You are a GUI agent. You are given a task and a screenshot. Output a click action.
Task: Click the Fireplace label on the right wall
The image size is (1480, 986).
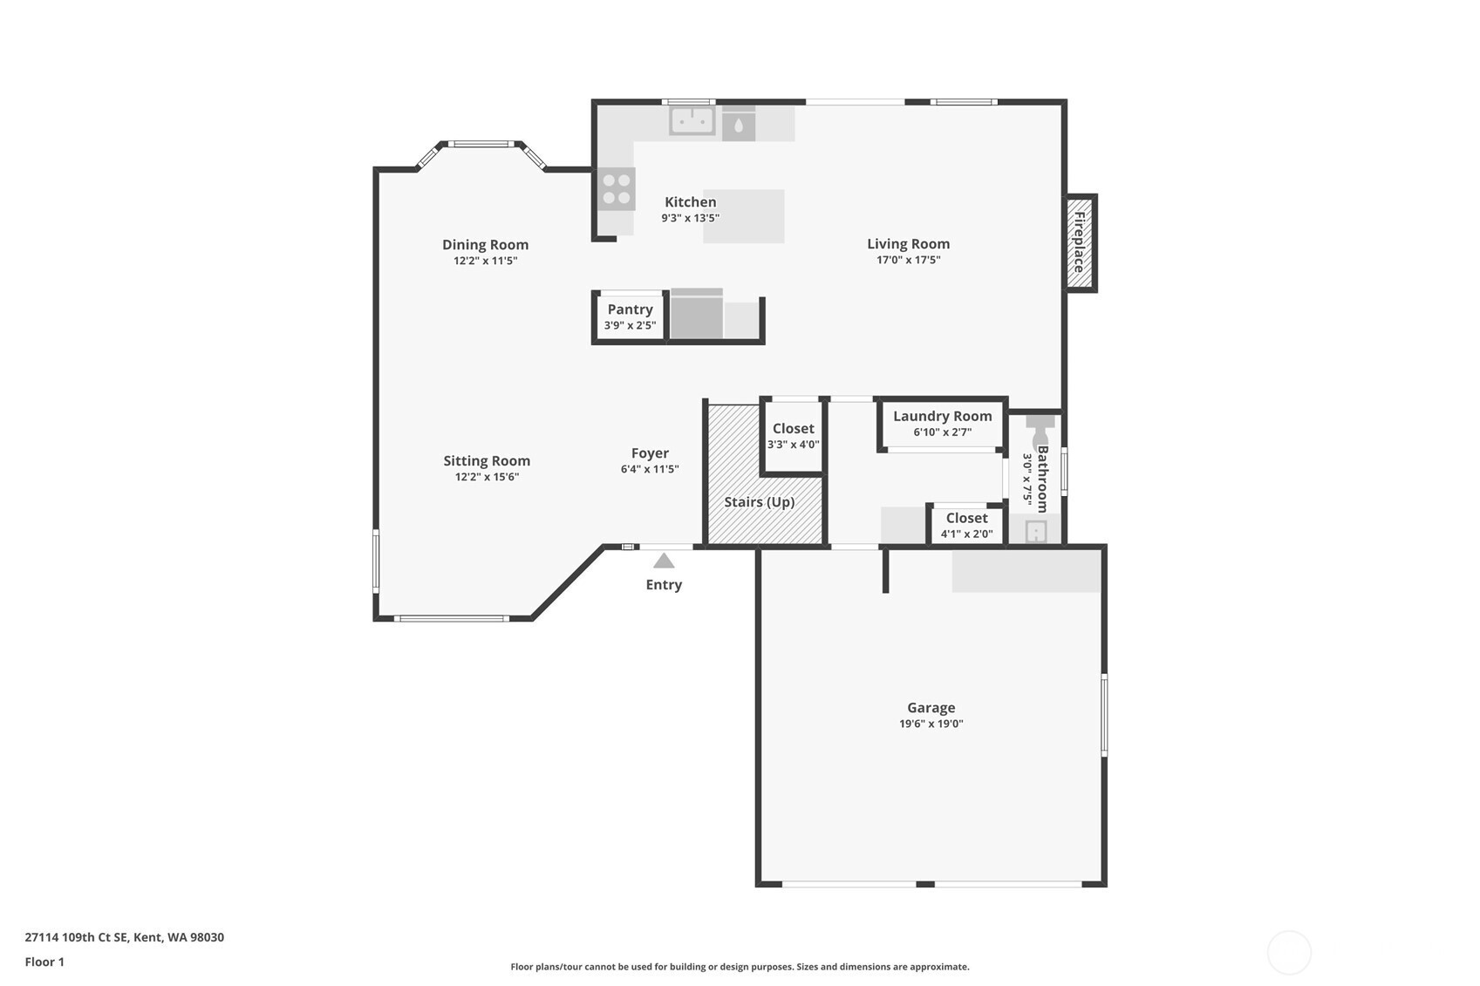click(1079, 242)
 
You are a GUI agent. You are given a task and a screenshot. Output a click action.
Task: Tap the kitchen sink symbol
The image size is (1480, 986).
click(692, 121)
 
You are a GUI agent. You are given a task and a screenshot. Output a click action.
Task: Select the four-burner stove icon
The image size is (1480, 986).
click(617, 189)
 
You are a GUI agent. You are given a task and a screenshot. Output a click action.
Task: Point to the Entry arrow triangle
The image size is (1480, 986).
click(664, 561)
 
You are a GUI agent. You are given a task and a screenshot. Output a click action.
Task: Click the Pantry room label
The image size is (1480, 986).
click(631, 309)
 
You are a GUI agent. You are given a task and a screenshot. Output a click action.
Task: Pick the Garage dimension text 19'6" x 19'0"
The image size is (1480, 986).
click(931, 724)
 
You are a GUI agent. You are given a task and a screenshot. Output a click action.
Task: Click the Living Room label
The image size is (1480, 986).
click(909, 244)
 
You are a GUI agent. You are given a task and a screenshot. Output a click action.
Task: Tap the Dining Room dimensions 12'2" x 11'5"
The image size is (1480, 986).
click(486, 261)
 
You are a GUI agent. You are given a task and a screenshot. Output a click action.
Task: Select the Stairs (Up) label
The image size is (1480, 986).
click(759, 502)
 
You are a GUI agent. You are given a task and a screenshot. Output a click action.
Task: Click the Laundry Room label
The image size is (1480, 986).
click(943, 416)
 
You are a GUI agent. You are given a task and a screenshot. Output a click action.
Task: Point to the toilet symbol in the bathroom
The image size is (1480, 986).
click(1040, 430)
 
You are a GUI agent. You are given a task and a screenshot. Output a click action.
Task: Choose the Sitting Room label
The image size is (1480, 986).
click(487, 460)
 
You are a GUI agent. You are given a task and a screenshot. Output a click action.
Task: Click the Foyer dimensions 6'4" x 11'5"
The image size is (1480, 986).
click(650, 470)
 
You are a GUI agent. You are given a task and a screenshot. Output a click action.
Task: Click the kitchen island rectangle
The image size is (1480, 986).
click(744, 216)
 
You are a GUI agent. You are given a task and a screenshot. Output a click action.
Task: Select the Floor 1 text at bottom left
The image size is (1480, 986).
click(45, 962)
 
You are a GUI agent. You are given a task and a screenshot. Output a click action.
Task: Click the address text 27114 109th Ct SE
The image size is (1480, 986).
click(76, 937)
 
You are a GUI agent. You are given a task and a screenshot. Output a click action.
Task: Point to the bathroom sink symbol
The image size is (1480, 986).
click(1036, 532)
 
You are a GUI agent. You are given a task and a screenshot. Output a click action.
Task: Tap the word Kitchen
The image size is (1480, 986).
click(691, 202)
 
